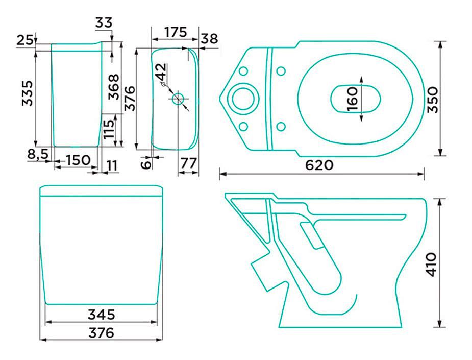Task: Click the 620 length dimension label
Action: (319, 165)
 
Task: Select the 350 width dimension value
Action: (433, 100)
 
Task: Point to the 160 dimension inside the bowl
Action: (352, 99)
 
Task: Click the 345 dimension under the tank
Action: (102, 315)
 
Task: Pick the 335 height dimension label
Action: (28, 93)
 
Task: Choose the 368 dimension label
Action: (114, 87)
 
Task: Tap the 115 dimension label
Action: (109, 129)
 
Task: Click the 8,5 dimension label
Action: (38, 155)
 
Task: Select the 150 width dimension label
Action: (78, 160)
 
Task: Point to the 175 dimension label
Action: (176, 32)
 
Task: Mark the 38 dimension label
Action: (209, 39)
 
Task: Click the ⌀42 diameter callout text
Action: (161, 75)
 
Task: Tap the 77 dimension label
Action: (189, 163)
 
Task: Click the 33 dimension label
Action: (104, 22)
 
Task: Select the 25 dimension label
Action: (24, 40)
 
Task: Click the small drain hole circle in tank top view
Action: (178, 98)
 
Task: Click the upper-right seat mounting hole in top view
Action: (281, 71)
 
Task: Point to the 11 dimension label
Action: (112, 166)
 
